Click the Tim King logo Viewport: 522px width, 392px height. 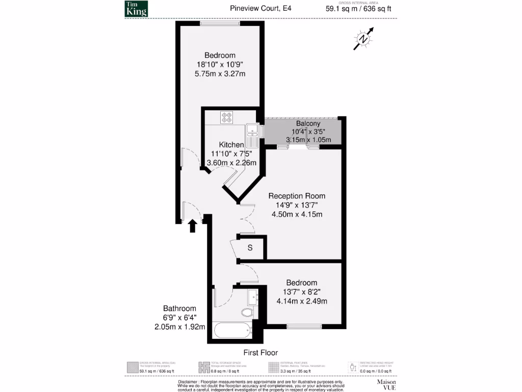136,9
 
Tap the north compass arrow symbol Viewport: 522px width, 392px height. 363,39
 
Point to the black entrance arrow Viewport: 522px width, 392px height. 193,226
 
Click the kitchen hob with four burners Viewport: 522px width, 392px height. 227,117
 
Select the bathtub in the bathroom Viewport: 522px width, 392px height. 233,330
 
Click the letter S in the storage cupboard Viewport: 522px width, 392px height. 250,248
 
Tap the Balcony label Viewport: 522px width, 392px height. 308,124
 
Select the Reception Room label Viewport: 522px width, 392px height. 297,196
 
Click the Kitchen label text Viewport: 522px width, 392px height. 231,145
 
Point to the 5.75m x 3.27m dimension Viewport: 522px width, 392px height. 220,73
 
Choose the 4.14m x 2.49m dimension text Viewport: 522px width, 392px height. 301,301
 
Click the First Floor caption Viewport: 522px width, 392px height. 260,353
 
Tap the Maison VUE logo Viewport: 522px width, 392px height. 386,384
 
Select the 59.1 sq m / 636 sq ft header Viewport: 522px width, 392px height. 358,8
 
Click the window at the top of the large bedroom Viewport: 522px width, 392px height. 220,23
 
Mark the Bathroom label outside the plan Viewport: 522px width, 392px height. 179,308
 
